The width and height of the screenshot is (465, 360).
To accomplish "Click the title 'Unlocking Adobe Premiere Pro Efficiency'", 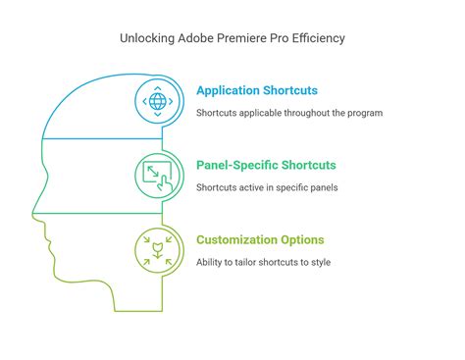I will click(232, 38).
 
